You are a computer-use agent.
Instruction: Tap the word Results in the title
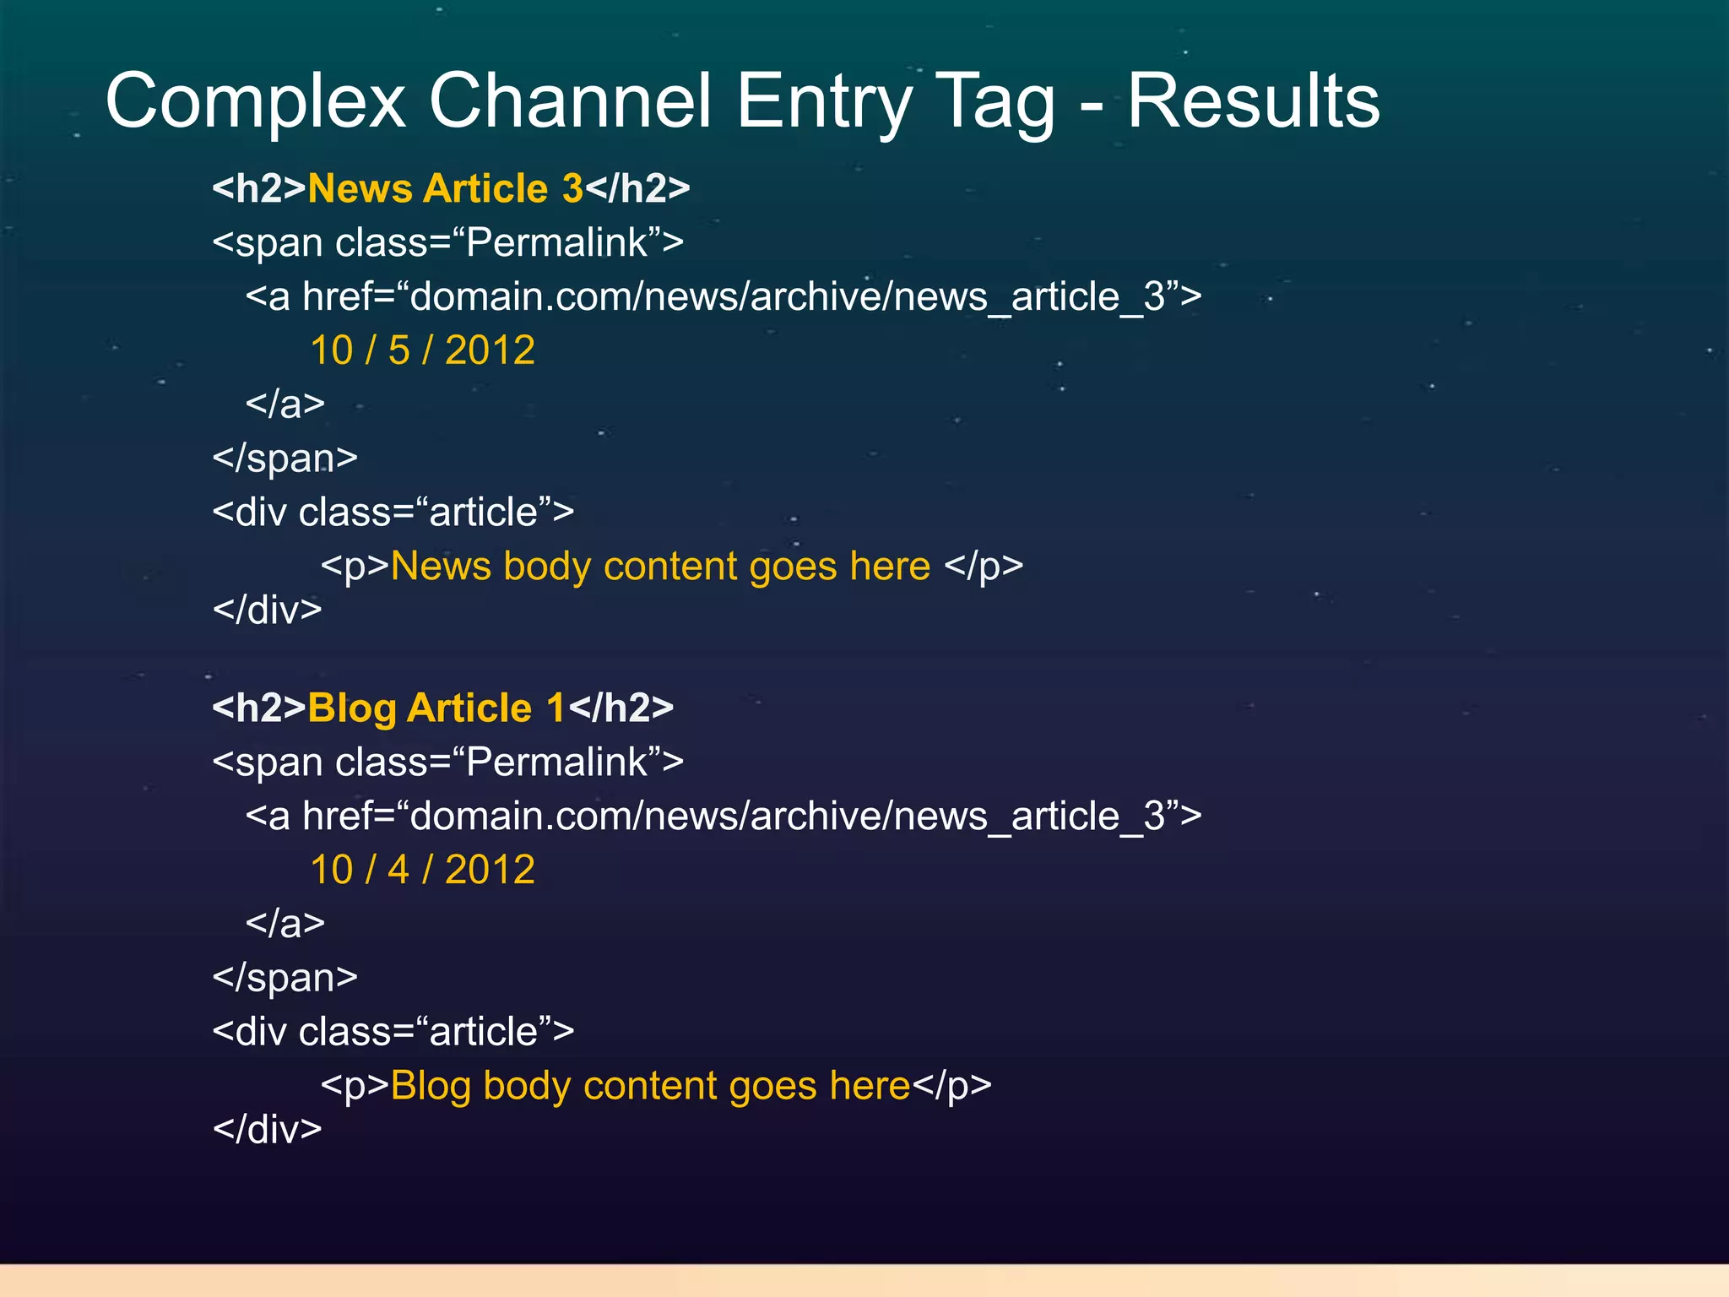pos(1253,101)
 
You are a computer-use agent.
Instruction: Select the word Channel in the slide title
pos(570,101)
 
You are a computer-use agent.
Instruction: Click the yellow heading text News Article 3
pos(445,188)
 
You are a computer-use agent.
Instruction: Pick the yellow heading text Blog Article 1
pos(436,708)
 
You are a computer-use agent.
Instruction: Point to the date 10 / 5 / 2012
pos(422,350)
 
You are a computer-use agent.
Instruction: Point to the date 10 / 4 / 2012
pos(422,870)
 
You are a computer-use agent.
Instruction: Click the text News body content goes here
pos(660,566)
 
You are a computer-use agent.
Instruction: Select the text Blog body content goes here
pos(650,1086)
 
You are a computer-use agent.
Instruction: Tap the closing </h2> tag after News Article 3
pos(637,188)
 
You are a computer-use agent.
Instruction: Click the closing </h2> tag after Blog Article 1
pos(621,708)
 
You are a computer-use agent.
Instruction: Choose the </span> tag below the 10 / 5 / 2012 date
pos(285,459)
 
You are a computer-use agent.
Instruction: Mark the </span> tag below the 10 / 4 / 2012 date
pos(285,978)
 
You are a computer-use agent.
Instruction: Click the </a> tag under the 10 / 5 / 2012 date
pos(285,404)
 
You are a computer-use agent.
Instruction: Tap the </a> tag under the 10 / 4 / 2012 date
pos(285,924)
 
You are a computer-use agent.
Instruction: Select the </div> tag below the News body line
pos(267,610)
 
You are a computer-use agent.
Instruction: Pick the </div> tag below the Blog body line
pos(267,1130)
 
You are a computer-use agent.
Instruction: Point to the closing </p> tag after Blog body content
pos(951,1087)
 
